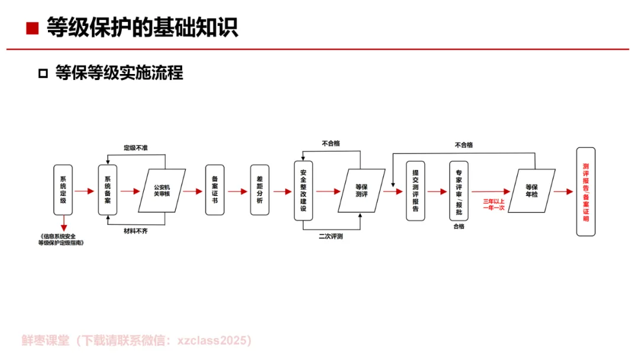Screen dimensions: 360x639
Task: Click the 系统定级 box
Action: (x=63, y=190)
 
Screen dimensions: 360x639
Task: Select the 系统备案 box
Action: (x=108, y=190)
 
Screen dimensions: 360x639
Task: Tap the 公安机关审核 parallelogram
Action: (x=162, y=191)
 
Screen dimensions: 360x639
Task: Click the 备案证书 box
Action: (x=215, y=190)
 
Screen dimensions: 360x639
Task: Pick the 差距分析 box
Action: (x=259, y=190)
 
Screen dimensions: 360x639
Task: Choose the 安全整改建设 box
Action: (x=303, y=191)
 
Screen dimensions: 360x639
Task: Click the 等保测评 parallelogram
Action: (x=361, y=191)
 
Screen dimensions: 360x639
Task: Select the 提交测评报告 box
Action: (x=415, y=191)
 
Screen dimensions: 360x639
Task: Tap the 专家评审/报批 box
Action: (x=459, y=191)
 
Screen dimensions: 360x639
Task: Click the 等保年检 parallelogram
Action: (x=531, y=191)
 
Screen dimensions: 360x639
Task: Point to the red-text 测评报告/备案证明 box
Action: (x=586, y=191)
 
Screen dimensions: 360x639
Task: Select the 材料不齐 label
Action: (x=135, y=230)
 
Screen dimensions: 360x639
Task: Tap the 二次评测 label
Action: (x=331, y=236)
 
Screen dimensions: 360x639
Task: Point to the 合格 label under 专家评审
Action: (x=459, y=226)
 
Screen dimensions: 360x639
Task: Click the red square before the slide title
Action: (x=33, y=28)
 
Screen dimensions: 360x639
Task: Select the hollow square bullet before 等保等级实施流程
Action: (x=42, y=73)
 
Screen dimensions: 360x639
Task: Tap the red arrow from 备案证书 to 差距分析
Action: (x=237, y=191)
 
